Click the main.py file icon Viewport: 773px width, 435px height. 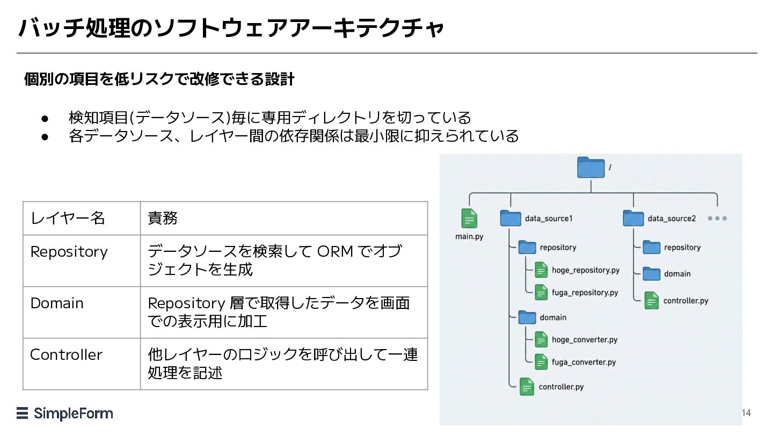[x=469, y=219]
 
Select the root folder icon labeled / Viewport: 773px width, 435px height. [x=590, y=168]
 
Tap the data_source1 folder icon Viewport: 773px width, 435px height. [x=511, y=218]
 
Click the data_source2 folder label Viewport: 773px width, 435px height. [x=672, y=219]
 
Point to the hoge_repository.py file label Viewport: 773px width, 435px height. [x=586, y=270]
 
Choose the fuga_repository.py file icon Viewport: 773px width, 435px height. [x=542, y=292]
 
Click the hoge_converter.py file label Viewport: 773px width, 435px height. [x=585, y=340]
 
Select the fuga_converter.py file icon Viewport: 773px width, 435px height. [x=542, y=362]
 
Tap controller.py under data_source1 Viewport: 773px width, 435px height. [x=561, y=387]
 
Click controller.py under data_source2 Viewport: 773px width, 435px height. [x=686, y=301]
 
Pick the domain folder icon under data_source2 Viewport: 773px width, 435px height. [x=652, y=274]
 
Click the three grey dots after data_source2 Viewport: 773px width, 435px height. [x=717, y=219]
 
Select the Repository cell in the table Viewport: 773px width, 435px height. [x=69, y=251]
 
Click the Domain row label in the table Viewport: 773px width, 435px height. [x=57, y=303]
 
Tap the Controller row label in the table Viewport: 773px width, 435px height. [x=66, y=354]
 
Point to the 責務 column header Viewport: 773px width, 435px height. [x=162, y=218]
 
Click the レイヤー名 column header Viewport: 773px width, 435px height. [x=68, y=218]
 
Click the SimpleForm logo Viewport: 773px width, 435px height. [x=65, y=413]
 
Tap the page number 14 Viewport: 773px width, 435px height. [x=746, y=413]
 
